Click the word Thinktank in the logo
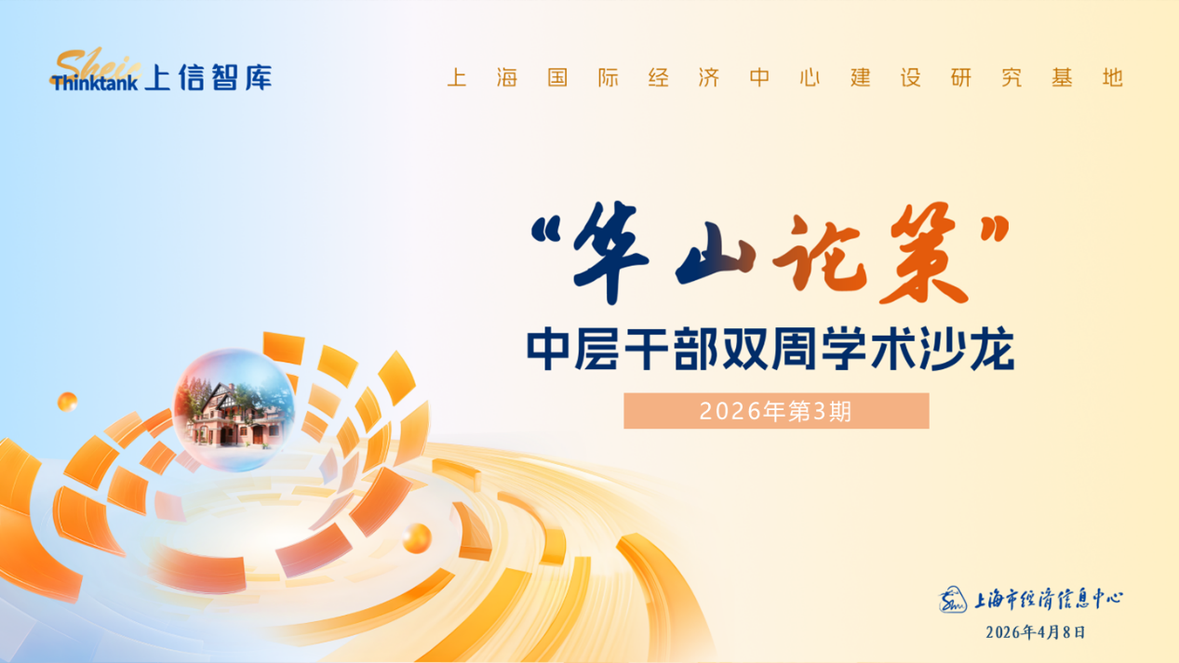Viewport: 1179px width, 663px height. (x=95, y=83)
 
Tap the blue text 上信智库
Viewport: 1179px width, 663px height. (x=208, y=78)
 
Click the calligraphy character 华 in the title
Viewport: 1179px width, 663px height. (x=610, y=252)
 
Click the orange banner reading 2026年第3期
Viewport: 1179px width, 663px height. (x=776, y=411)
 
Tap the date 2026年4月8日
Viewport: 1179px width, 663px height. (x=1036, y=632)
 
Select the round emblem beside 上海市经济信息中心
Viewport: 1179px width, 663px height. (x=953, y=600)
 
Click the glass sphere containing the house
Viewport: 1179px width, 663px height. (x=234, y=410)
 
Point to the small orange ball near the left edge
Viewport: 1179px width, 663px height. (x=67, y=403)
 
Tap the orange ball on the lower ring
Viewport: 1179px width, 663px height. (x=417, y=538)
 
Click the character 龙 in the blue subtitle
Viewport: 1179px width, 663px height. (x=992, y=348)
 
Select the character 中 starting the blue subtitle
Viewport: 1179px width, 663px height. (x=547, y=349)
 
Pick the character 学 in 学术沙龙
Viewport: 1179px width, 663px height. (x=844, y=348)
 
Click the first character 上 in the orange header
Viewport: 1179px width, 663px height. (x=457, y=77)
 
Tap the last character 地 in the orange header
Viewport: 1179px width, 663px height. (x=1113, y=77)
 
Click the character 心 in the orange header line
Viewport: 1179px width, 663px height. (x=810, y=77)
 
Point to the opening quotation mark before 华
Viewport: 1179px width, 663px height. (x=546, y=230)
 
